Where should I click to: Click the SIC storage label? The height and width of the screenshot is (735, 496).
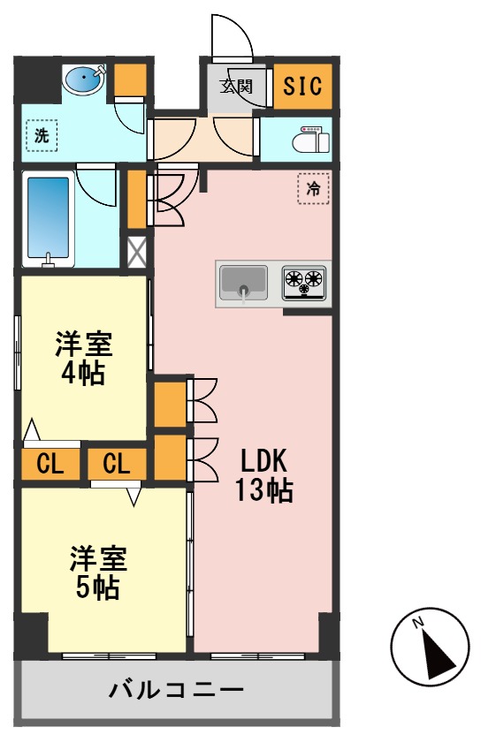303,87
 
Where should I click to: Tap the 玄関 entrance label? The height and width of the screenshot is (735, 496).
236,87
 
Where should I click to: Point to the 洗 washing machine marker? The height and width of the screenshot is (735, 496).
41,136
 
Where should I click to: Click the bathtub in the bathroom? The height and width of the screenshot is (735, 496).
49,221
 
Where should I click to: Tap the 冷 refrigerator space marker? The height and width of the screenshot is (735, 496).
313,188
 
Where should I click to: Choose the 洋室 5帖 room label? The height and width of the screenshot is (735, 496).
98,572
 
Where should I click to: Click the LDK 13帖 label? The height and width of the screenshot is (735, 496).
263,474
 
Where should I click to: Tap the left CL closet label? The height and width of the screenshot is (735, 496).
50,464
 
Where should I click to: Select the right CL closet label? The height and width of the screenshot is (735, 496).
117,464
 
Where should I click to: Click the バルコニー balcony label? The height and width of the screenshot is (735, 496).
176,689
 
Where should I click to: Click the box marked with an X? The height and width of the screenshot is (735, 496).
137,253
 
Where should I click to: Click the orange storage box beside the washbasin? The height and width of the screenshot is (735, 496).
132,82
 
